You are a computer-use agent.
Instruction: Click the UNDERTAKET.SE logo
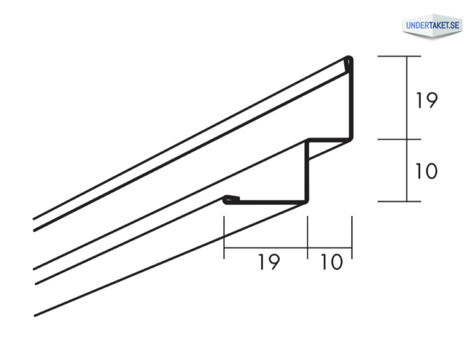pyautogui.click(x=433, y=26)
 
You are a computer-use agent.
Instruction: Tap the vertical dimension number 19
pyautogui.click(x=426, y=100)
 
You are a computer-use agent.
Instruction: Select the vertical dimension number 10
pyautogui.click(x=426, y=171)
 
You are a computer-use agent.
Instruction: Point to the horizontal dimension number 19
pyautogui.click(x=269, y=262)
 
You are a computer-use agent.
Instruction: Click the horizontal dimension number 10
pyautogui.click(x=331, y=262)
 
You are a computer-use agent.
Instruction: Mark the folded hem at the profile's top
pyautogui.click(x=349, y=64)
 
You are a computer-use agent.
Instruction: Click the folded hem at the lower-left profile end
pyautogui.click(x=231, y=200)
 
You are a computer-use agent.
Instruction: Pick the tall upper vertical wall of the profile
pyautogui.click(x=351, y=100)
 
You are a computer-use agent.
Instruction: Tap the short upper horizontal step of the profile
pyautogui.click(x=330, y=139)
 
